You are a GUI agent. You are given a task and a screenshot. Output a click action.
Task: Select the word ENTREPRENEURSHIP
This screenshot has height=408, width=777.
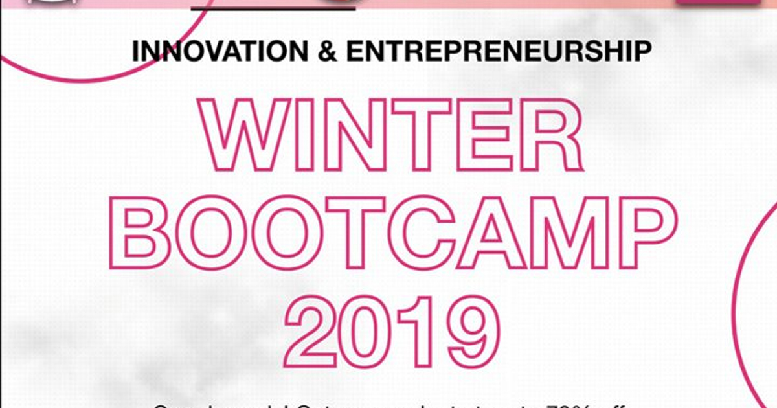click(x=498, y=52)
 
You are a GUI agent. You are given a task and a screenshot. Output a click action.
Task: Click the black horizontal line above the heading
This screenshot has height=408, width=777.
click(x=273, y=8)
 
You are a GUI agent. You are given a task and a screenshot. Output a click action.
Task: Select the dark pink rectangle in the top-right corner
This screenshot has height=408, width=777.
click(x=717, y=2)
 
